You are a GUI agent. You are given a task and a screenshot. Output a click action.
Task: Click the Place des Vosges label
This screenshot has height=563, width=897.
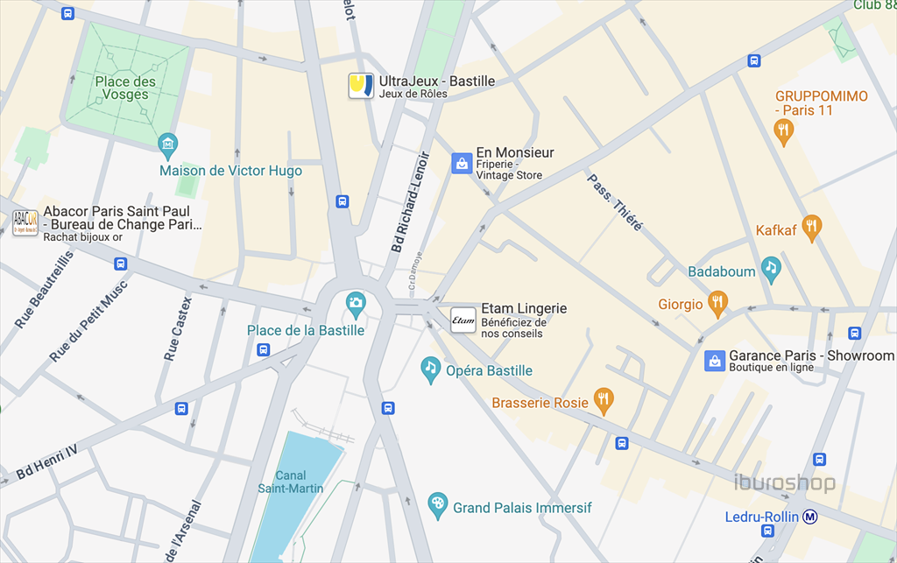click(x=125, y=88)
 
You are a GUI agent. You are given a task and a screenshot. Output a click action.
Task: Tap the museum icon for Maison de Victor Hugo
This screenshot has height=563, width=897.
click(x=167, y=143)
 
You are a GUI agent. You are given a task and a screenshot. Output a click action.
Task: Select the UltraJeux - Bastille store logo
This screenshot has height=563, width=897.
click(x=361, y=86)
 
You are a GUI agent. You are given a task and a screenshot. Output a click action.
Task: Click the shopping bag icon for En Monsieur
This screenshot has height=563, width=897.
click(x=462, y=163)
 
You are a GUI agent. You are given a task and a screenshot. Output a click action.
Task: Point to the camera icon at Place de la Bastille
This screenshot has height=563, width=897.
click(x=355, y=304)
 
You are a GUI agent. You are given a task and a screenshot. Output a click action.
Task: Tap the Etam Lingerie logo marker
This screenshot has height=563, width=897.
click(x=463, y=320)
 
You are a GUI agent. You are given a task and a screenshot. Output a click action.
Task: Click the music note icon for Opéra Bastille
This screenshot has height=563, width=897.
click(x=430, y=369)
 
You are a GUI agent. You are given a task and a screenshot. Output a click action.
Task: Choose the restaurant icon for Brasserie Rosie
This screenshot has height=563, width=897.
click(x=603, y=400)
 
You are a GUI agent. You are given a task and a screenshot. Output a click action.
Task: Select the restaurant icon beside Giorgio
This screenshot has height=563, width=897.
click(x=717, y=303)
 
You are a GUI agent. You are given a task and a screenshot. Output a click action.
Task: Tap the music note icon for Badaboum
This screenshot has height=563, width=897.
click(x=770, y=268)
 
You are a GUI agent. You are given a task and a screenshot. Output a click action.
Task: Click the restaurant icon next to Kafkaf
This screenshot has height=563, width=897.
click(x=812, y=228)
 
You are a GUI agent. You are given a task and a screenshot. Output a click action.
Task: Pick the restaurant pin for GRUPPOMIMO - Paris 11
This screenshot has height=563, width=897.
click(x=784, y=131)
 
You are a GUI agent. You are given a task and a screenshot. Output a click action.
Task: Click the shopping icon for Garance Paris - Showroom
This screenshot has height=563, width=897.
click(x=715, y=361)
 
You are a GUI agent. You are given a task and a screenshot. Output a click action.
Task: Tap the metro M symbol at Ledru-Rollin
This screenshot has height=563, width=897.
click(x=811, y=517)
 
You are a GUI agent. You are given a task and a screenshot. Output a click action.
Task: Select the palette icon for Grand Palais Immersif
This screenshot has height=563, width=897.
click(x=437, y=505)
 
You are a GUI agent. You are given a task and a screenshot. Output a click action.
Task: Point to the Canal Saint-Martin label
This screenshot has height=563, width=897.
click(x=290, y=482)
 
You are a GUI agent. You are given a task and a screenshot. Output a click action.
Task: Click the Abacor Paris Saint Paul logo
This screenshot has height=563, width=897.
click(x=25, y=223)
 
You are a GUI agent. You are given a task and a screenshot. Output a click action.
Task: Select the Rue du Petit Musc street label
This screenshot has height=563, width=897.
click(x=88, y=320)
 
